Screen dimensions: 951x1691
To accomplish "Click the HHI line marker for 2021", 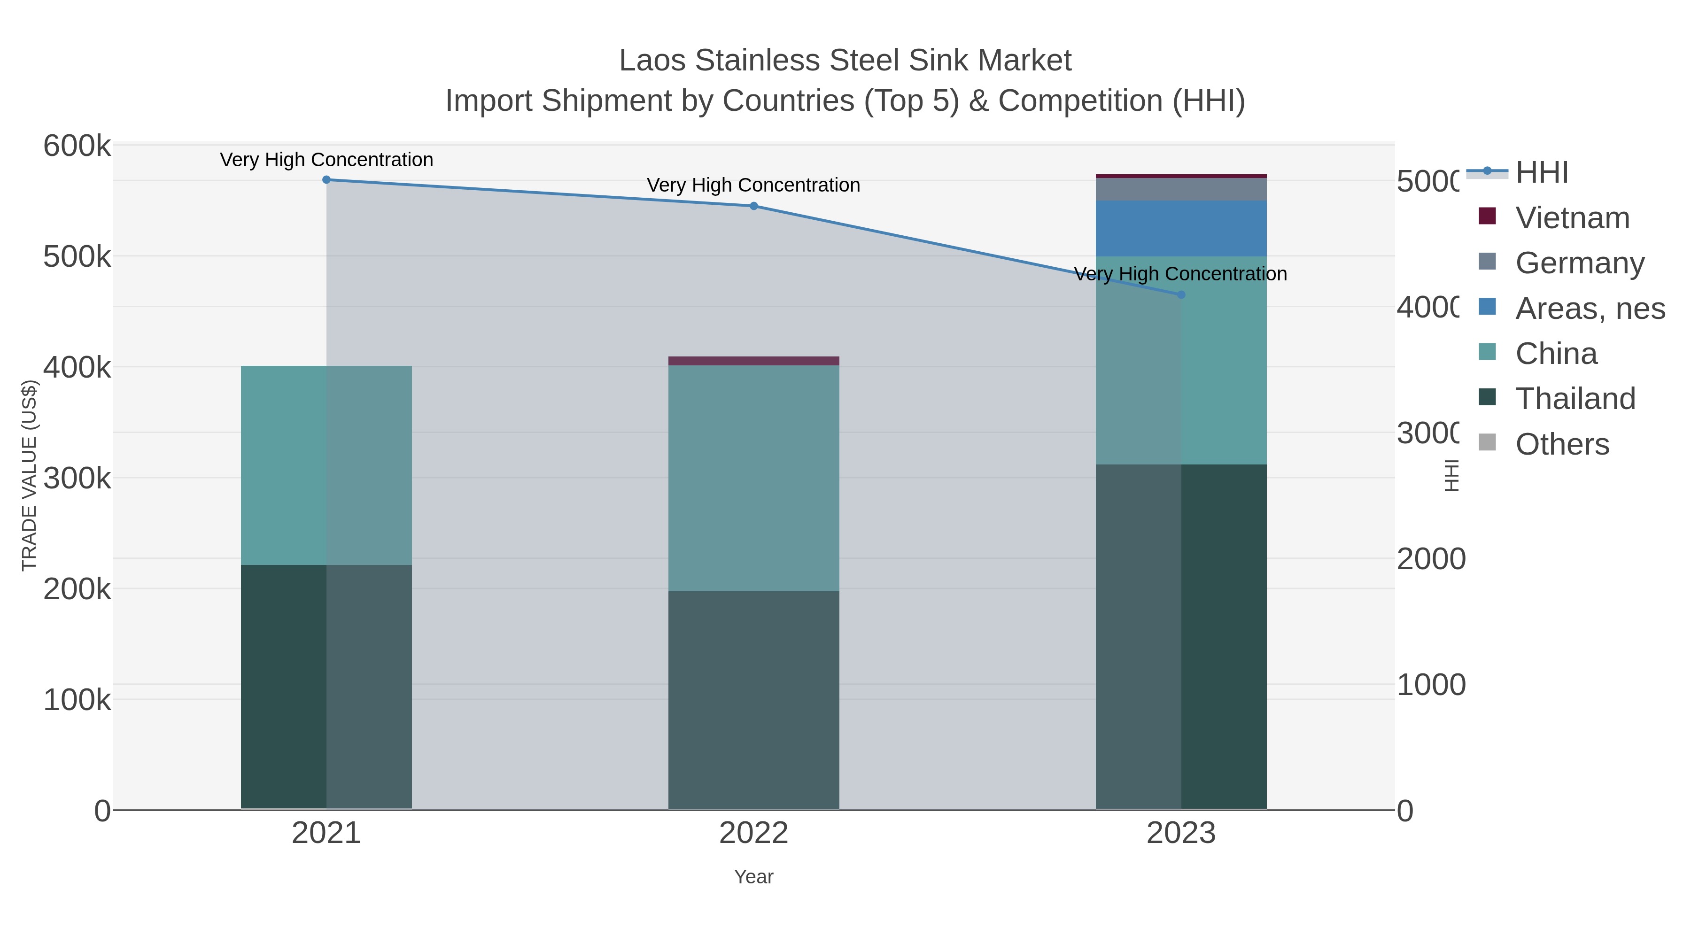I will tap(326, 180).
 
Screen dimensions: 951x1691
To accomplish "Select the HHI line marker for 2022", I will tap(753, 206).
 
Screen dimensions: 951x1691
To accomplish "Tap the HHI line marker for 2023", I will tap(1181, 294).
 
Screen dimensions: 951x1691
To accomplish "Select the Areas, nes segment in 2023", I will tap(1181, 228).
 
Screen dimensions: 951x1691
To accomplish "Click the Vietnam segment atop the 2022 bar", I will tap(753, 361).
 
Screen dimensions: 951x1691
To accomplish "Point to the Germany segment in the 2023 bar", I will tap(1181, 189).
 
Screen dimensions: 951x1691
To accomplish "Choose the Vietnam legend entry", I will tap(1572, 218).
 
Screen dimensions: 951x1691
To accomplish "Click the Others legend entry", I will tap(1562, 444).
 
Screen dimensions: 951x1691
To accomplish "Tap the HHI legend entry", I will tap(1541, 173).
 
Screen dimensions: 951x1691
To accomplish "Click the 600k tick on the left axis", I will tap(77, 147).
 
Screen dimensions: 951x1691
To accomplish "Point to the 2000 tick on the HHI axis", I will tap(1431, 559).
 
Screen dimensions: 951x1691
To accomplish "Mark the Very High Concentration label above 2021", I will tap(326, 160).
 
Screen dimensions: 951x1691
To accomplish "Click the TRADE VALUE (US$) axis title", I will tap(30, 475).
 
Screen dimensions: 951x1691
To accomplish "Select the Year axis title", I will tap(753, 877).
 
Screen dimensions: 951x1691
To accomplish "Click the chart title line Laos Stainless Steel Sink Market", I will tap(845, 61).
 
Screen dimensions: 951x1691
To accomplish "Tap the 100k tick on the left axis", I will tap(77, 700).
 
